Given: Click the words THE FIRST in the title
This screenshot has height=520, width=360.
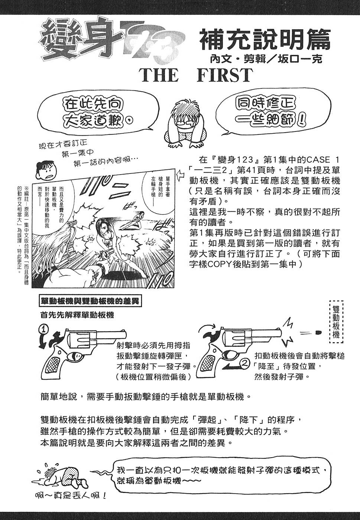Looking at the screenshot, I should click(196, 75).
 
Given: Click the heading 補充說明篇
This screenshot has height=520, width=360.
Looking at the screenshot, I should click(265, 40).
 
